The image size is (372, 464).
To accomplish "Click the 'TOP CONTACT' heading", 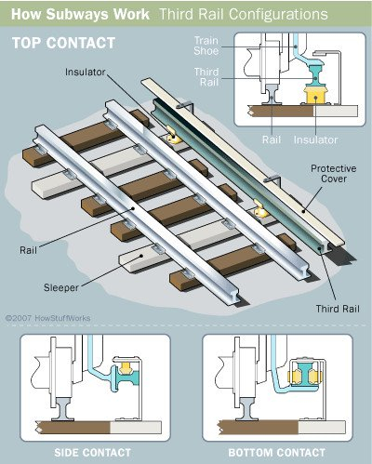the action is [x=63, y=43].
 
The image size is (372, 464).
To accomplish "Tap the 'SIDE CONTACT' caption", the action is [x=92, y=453].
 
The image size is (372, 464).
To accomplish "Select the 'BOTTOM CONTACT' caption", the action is [x=277, y=453].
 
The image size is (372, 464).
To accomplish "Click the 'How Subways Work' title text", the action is [x=80, y=14].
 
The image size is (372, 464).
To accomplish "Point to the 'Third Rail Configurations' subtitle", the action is [x=244, y=14].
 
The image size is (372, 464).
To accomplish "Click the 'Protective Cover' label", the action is [x=334, y=174].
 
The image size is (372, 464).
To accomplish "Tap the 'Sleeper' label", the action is [x=61, y=287].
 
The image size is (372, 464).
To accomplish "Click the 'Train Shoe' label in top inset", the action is [x=206, y=46].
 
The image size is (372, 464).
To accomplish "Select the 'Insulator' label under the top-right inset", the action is [x=315, y=139].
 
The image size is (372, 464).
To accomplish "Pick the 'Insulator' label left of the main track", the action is [x=86, y=72].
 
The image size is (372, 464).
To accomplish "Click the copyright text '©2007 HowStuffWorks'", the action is [x=47, y=318].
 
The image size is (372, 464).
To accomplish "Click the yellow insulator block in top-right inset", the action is [x=316, y=95].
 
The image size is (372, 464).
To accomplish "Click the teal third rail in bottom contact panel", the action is [x=305, y=374].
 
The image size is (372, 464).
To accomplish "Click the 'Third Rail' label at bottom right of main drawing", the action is [x=338, y=309].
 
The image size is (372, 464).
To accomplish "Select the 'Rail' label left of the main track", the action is [x=28, y=250].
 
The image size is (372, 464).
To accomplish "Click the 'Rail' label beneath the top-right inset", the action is [x=272, y=139].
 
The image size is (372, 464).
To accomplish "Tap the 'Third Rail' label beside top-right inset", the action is [x=206, y=77].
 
